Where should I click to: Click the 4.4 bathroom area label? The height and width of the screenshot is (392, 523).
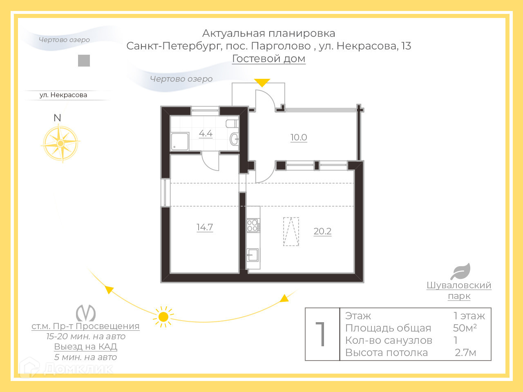[206, 134]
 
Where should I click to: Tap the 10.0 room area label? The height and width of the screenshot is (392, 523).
[299, 138]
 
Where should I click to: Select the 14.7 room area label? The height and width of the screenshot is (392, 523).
[205, 227]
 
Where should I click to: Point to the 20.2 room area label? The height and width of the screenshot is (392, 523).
[322, 232]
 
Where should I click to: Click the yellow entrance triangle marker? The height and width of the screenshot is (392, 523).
[262, 82]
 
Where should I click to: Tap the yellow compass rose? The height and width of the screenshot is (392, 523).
[60, 143]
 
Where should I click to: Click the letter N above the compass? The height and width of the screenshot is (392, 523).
[57, 118]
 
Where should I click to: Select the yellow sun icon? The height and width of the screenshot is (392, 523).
[163, 317]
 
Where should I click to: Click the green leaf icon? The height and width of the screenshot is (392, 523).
[460, 272]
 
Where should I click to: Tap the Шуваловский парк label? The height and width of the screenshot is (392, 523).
[459, 290]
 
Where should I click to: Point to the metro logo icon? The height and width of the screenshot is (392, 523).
[86, 313]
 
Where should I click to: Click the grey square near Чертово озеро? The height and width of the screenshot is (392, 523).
[84, 61]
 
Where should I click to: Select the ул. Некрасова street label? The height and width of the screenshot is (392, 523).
[63, 95]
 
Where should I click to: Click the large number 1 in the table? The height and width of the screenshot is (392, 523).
[322, 334]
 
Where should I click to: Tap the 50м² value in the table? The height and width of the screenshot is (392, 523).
[465, 328]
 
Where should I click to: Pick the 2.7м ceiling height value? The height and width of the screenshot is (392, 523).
[465, 352]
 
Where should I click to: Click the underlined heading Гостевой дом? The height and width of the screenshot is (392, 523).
[268, 59]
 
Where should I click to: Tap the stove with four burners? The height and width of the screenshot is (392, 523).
[253, 226]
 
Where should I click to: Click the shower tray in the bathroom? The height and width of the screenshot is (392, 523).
[180, 141]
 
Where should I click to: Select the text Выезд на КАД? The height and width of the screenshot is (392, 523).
[86, 347]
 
